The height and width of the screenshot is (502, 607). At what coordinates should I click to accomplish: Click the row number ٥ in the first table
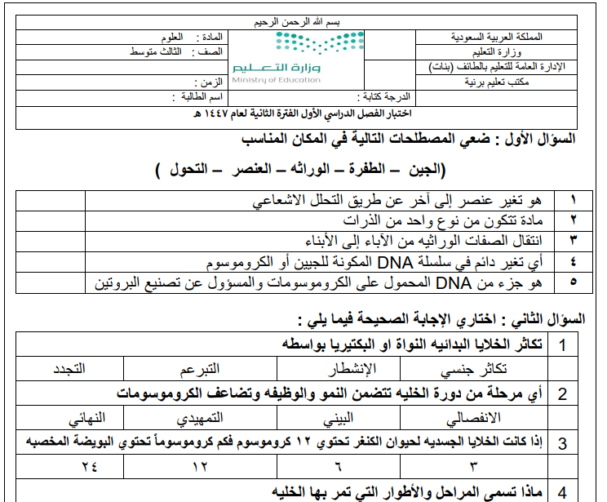click(572, 282)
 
